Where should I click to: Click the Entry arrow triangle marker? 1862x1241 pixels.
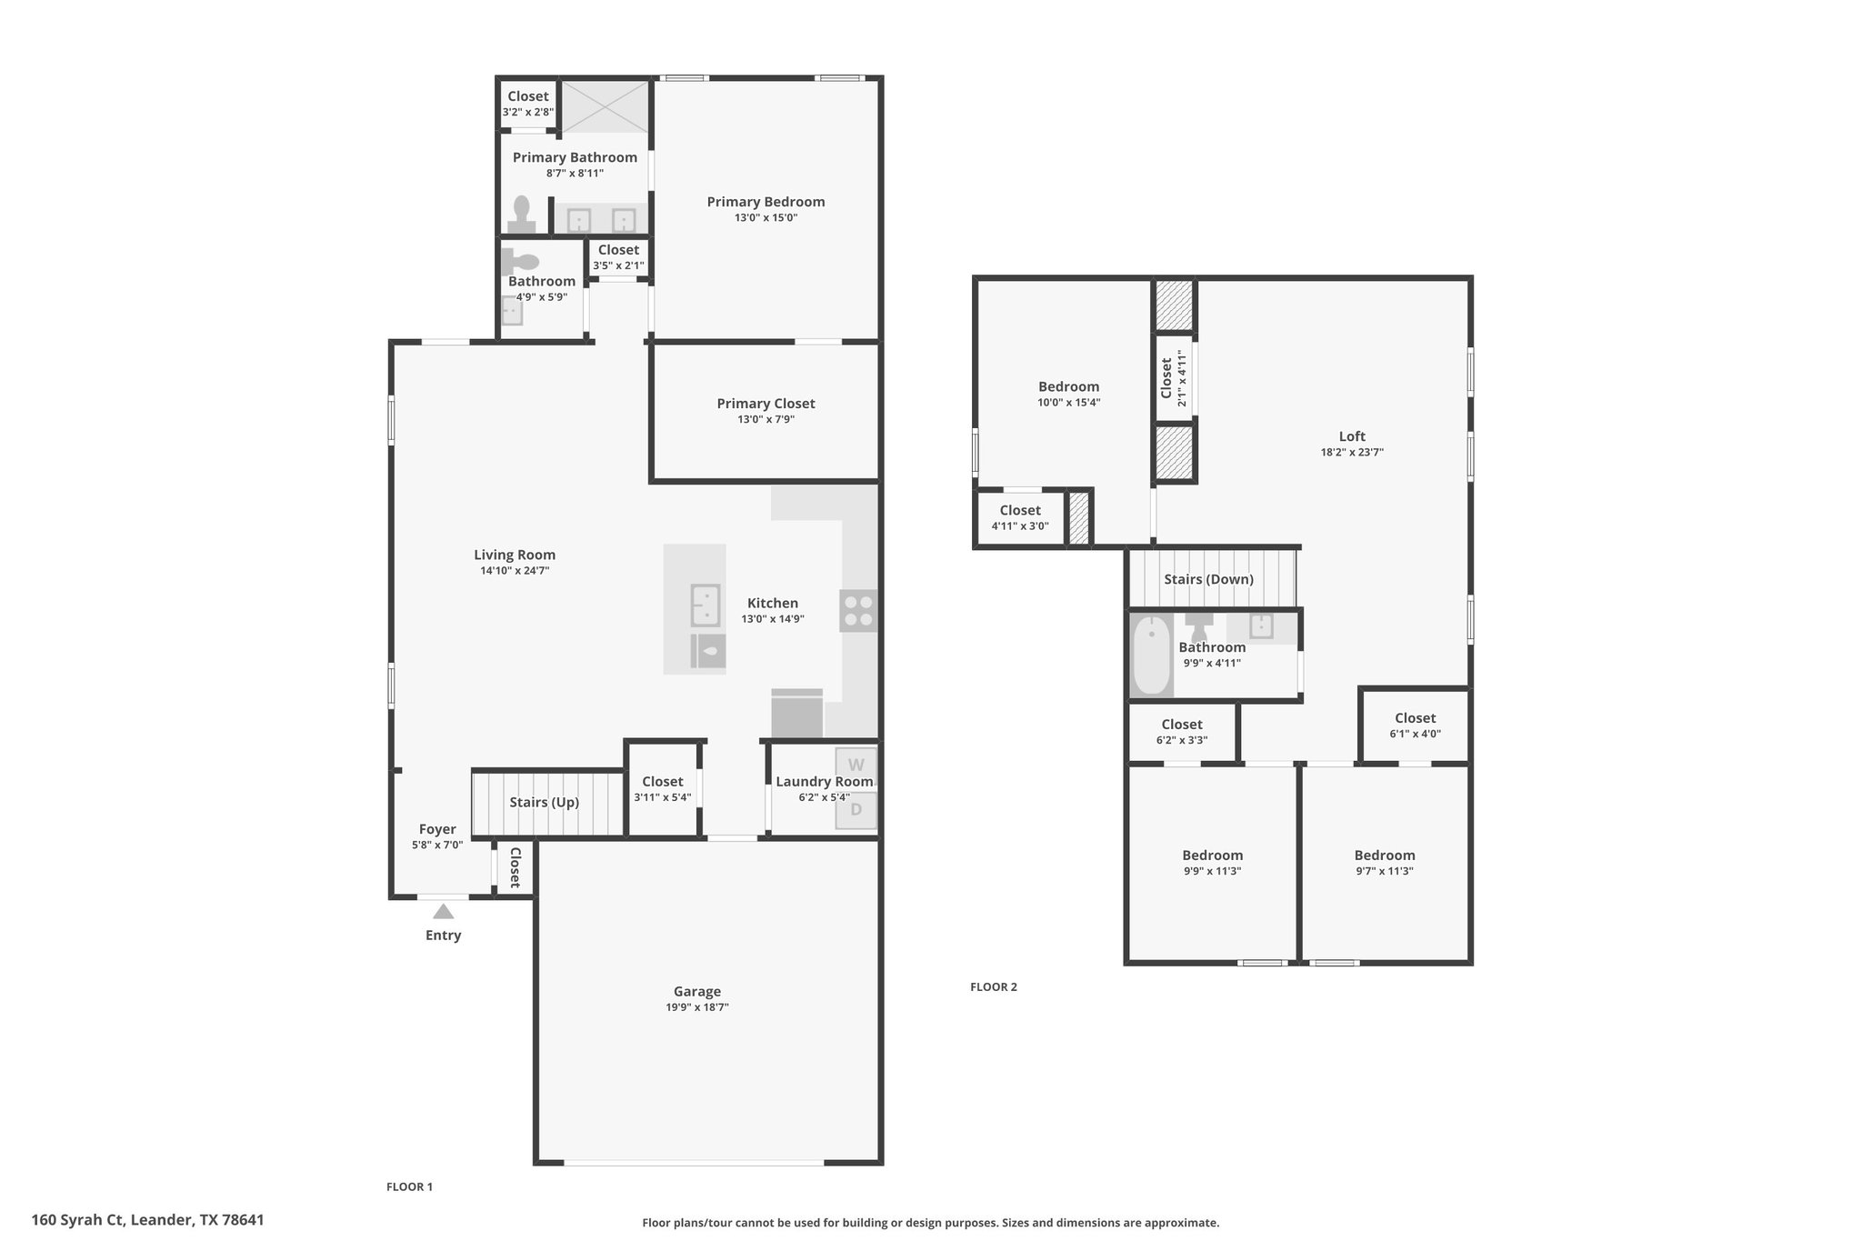tap(443, 911)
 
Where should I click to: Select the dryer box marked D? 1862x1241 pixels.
tap(856, 810)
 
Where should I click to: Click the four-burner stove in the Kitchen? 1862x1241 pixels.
tap(858, 611)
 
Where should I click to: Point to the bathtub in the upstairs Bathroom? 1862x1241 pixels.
tap(1152, 655)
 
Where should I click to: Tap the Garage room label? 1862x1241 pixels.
tap(697, 991)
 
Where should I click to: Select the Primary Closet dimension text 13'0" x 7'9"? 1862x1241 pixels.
tap(766, 419)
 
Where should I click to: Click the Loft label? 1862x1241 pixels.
tap(1352, 436)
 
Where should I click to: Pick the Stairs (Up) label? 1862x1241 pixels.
tap(544, 802)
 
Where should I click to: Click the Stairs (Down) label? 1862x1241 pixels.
tap(1208, 579)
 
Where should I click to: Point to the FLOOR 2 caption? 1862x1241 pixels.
tap(994, 986)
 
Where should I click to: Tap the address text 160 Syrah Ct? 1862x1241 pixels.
tap(79, 1220)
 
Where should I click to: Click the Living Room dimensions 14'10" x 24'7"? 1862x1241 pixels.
tap(515, 571)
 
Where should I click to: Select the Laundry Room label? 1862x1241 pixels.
tap(824, 781)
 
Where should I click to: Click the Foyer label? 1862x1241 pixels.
tap(437, 829)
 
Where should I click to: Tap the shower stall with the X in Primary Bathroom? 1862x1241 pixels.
tap(605, 106)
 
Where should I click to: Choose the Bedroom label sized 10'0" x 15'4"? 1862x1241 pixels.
tap(1069, 386)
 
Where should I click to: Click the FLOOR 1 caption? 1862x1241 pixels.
tap(409, 1186)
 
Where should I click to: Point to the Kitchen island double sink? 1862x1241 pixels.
tap(706, 605)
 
